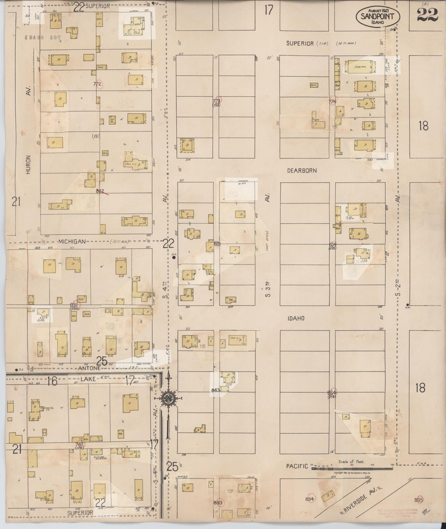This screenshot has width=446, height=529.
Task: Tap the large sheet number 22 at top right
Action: tap(428, 15)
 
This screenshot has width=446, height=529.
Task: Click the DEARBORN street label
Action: tap(302, 170)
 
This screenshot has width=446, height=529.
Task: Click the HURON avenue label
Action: tap(28, 164)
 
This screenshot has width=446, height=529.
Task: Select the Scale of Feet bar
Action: tap(352, 468)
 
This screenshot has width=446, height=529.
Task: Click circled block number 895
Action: tap(419, 500)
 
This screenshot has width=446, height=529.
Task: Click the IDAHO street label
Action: tap(296, 318)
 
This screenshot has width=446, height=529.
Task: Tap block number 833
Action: tap(217, 244)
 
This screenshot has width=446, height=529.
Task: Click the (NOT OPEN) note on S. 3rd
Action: tap(267, 241)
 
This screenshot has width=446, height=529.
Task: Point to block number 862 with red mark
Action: tap(101, 191)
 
